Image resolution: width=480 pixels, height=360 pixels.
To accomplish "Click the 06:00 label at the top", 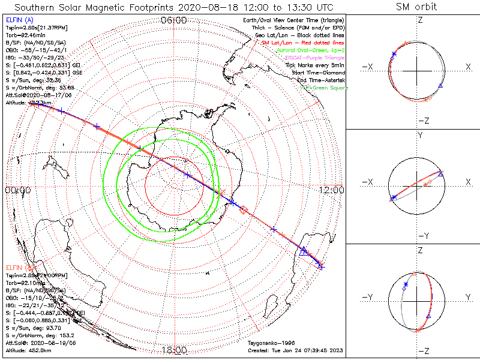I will tap(174, 21).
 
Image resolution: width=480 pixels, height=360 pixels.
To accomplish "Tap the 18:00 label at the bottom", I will tap(175, 350).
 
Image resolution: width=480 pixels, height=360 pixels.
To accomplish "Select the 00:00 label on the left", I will tap(17, 190).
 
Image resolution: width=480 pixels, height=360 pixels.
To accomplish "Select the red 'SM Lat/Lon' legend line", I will tap(302, 43).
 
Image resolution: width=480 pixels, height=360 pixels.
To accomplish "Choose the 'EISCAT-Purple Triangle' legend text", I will tap(310, 58).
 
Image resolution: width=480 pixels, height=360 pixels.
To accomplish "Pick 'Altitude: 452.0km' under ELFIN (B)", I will tap(30, 349).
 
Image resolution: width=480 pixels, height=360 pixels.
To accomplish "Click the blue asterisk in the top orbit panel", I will tap(394, 54).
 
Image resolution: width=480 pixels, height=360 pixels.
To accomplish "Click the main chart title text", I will tap(174, 7).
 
